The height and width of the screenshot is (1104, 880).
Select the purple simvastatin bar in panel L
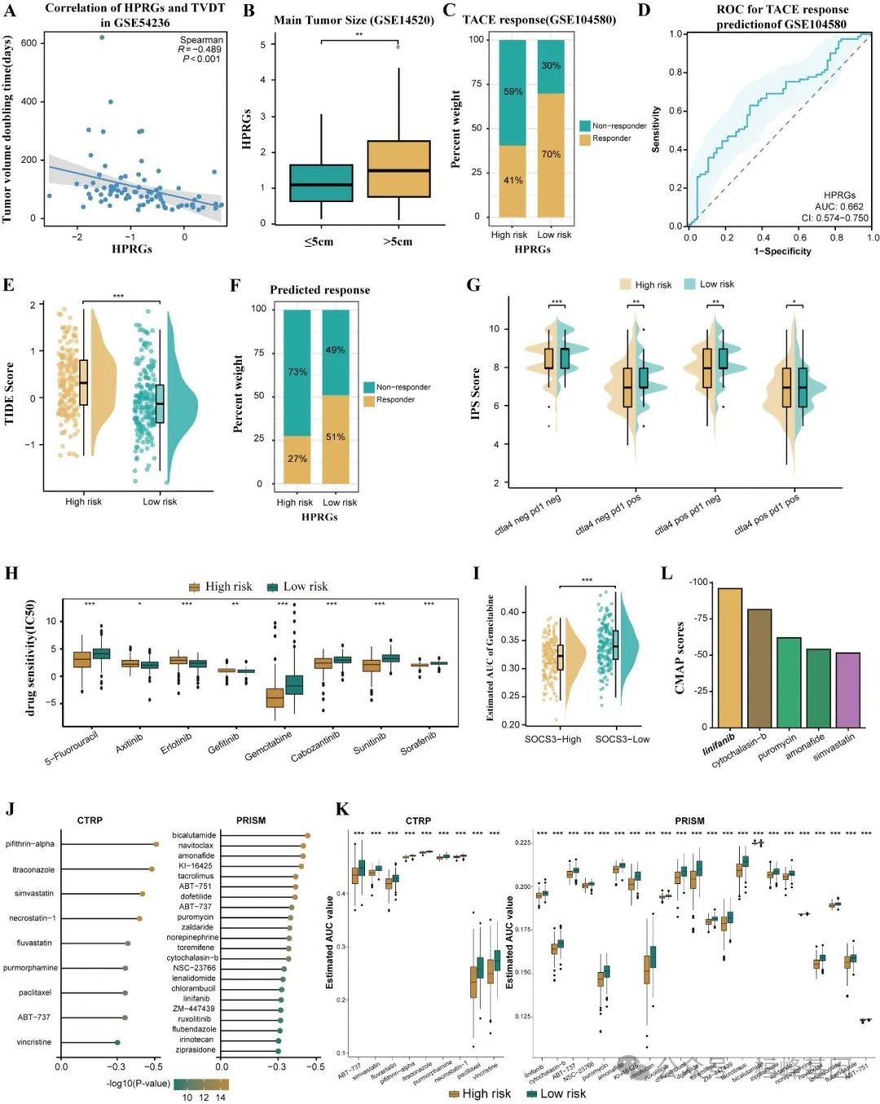pyautogui.click(x=847, y=689)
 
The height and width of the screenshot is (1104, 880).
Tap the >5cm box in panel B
pyautogui.click(x=398, y=169)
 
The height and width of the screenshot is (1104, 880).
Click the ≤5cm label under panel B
pyautogui.click(x=319, y=242)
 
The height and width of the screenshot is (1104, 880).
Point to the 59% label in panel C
pyautogui.click(x=513, y=92)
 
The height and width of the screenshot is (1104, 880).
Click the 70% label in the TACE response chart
pyautogui.click(x=551, y=154)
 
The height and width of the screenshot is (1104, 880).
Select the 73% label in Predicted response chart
pyautogui.click(x=297, y=372)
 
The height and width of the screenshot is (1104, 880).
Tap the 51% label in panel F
pyautogui.click(x=335, y=438)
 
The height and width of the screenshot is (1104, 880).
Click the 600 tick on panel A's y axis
pyautogui.click(x=29, y=43)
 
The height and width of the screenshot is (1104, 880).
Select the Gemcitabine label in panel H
pyautogui.click(x=268, y=746)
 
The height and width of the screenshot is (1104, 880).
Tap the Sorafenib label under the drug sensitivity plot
pyautogui.click(x=418, y=743)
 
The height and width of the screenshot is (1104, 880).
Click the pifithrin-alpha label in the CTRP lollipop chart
pyautogui.click(x=29, y=844)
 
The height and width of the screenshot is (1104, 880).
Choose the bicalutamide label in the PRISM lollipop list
pyautogui.click(x=194, y=835)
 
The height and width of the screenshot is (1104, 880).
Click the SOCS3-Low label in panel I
pyautogui.click(x=622, y=739)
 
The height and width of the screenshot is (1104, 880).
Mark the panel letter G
pyautogui.click(x=473, y=285)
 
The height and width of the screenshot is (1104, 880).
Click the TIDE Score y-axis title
pyautogui.click(x=10, y=393)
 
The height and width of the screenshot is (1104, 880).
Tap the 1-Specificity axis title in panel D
pyautogui.click(x=781, y=252)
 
